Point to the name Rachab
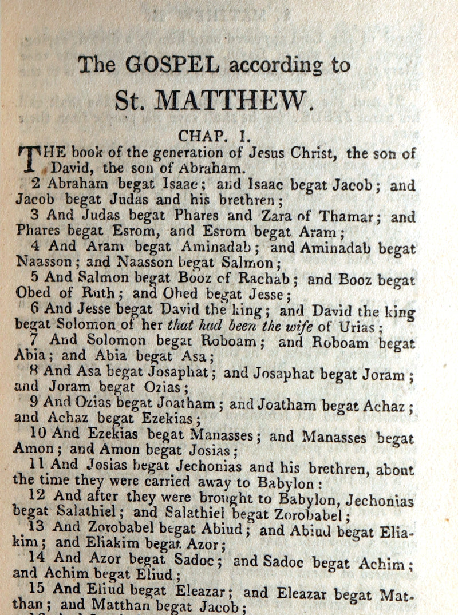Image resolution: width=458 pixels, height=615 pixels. (267, 280)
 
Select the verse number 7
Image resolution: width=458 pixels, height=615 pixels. (34, 340)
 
